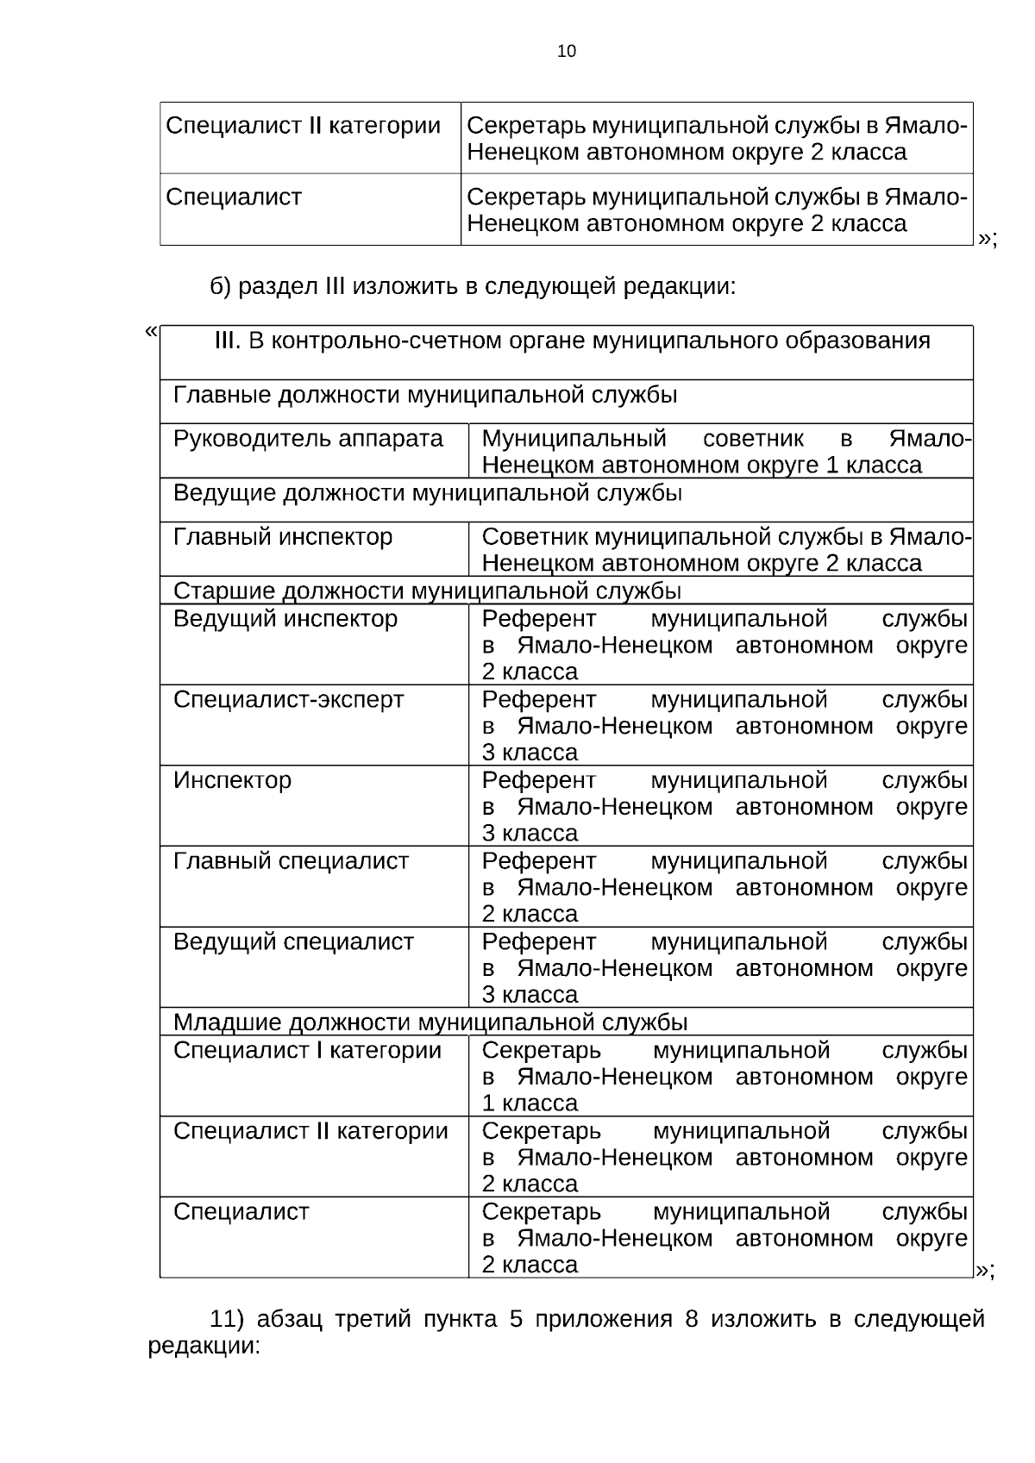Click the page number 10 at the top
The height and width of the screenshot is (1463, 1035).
[567, 52]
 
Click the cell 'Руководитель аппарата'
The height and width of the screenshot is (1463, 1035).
[308, 439]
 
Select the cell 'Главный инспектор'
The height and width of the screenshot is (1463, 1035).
[283, 537]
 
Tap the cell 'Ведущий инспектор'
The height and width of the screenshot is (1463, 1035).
[285, 619]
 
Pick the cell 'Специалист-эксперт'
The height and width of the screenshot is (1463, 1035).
[288, 699]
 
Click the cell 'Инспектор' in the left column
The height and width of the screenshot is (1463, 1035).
[232, 780]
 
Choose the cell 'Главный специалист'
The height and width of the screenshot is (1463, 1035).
[291, 861]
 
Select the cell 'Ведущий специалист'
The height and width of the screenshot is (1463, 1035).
[293, 941]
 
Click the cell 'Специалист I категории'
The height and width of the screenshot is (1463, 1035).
[307, 1050]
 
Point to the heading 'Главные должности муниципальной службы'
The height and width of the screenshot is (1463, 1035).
[425, 395]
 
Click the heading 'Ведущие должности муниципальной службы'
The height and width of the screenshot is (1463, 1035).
[428, 493]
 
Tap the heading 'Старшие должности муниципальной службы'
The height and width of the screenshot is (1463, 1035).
[427, 591]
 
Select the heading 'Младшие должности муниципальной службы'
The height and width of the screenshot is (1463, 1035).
[430, 1022]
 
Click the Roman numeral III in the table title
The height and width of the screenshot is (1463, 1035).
[227, 341]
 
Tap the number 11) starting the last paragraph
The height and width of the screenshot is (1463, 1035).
[229, 1319]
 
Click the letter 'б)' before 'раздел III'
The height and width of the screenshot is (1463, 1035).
[221, 286]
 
